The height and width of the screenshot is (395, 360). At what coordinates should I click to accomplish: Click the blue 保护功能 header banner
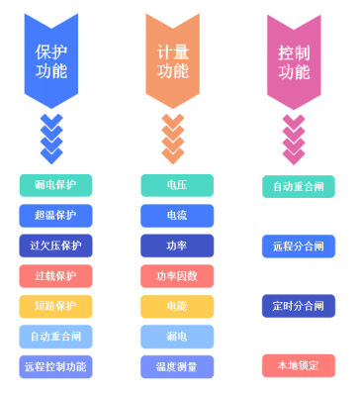(50, 59)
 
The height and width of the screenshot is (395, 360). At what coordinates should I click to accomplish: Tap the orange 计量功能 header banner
(172, 59)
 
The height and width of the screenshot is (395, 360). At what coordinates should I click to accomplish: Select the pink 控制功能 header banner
(294, 59)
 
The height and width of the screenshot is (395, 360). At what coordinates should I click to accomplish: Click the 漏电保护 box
(55, 185)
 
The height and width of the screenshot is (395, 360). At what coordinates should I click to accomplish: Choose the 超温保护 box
(55, 216)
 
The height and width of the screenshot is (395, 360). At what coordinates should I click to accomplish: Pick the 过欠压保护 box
(55, 246)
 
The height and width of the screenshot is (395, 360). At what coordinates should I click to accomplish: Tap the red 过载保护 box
(55, 276)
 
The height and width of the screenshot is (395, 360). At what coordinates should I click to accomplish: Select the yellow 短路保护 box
(55, 306)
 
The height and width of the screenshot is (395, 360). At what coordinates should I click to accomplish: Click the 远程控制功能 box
(55, 366)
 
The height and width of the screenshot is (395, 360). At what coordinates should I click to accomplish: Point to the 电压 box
(177, 185)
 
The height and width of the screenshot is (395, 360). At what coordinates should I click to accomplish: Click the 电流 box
(177, 216)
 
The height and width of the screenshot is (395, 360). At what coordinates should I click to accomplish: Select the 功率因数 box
(177, 276)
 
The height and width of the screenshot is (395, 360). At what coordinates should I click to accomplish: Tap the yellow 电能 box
(177, 306)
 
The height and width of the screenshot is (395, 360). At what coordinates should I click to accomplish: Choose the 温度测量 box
(177, 366)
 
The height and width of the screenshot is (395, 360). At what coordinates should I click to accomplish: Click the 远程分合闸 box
(299, 247)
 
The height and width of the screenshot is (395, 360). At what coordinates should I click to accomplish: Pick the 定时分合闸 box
(299, 306)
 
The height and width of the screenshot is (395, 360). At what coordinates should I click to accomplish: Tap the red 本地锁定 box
(299, 366)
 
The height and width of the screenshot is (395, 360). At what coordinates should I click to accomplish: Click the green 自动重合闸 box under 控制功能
(299, 186)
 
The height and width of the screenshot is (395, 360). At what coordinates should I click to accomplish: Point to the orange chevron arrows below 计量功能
(172, 139)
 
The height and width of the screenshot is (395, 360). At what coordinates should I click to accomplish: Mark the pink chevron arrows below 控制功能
(294, 139)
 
